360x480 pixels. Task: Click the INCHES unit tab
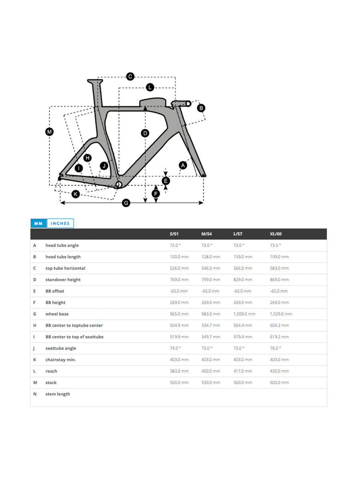pyautogui.click(x=60, y=224)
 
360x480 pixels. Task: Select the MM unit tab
pyautogui.click(x=38, y=224)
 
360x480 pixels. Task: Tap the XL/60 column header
pyautogui.click(x=276, y=234)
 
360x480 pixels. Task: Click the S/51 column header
pyautogui.click(x=175, y=234)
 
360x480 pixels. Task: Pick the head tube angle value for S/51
pyautogui.click(x=175, y=246)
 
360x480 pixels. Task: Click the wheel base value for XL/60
pyautogui.click(x=281, y=314)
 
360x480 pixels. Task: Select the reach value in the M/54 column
pyautogui.click(x=210, y=371)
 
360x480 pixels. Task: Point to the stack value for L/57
pyautogui.click(x=243, y=383)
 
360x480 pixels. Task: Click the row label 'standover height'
pyautogui.click(x=63, y=280)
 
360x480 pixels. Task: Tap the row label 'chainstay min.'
pyautogui.click(x=60, y=360)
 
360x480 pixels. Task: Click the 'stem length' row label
pyautogui.click(x=58, y=394)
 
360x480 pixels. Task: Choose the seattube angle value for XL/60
pyautogui.click(x=275, y=348)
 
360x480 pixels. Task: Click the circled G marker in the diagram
pyautogui.click(x=126, y=203)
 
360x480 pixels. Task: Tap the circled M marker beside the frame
pyautogui.click(x=49, y=132)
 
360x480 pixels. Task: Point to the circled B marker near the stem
pyautogui.click(x=201, y=108)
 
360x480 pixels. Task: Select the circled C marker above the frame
pyautogui.click(x=130, y=77)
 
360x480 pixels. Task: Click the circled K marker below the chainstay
pyautogui.click(x=76, y=194)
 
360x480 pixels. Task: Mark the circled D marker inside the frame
pyautogui.click(x=145, y=133)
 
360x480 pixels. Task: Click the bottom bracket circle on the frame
pyautogui.click(x=118, y=184)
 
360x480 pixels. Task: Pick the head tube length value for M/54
pyautogui.click(x=210, y=257)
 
